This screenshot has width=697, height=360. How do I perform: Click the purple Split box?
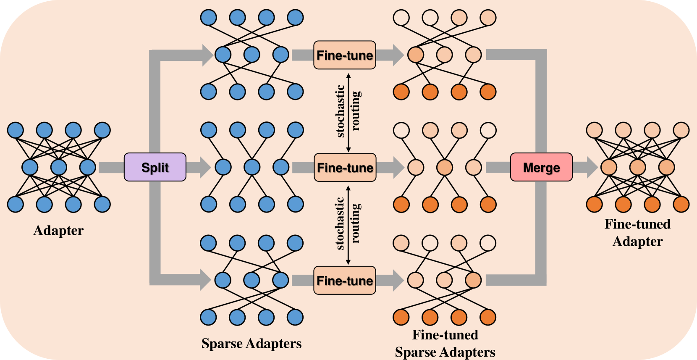[x=155, y=167]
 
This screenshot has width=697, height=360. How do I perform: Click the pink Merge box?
[x=541, y=167]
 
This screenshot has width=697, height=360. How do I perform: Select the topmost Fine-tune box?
[x=345, y=55]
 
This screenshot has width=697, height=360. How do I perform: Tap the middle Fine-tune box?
[x=345, y=167]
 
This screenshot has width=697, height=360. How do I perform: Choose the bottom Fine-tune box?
[x=345, y=280]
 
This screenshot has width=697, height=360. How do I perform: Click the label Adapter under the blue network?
[x=58, y=231]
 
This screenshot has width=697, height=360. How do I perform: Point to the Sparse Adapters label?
[x=252, y=344]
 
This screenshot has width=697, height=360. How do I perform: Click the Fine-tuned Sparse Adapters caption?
[x=445, y=344]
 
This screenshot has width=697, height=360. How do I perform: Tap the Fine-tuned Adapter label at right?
[x=637, y=233]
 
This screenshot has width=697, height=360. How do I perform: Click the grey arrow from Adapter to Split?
[x=111, y=167]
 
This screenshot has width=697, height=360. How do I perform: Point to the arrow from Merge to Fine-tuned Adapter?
[x=585, y=167]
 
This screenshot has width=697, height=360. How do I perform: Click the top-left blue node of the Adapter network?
[x=16, y=130]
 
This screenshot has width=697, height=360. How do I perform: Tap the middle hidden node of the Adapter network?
[x=59, y=167]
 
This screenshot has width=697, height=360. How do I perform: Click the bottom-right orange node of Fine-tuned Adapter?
[x=681, y=205]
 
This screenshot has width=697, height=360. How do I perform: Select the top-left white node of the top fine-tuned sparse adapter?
[x=401, y=18]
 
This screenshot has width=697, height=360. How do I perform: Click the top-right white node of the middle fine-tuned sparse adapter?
[x=488, y=130]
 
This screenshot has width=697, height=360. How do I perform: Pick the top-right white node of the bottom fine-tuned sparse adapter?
[x=488, y=243]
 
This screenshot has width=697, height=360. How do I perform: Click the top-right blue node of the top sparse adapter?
[x=295, y=18]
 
